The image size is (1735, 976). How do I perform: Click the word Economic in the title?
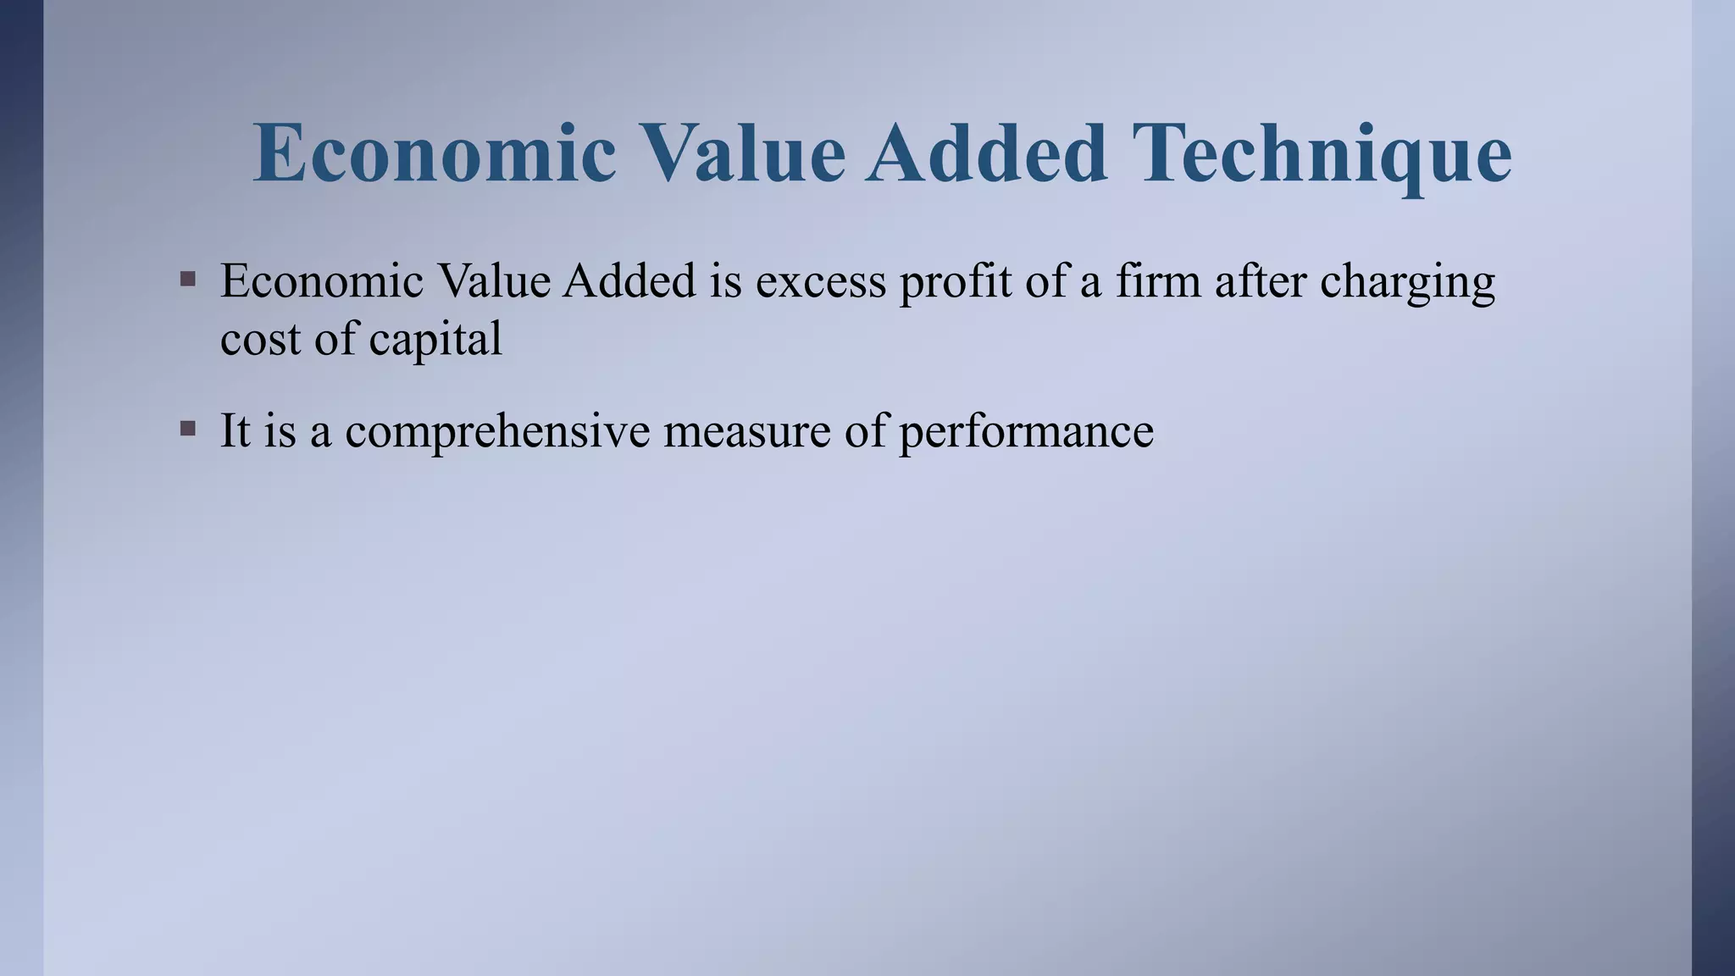click(x=435, y=153)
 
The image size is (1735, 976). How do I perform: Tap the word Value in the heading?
click(x=741, y=153)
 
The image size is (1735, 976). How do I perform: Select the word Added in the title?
click(x=987, y=153)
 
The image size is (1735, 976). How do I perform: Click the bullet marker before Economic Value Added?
click(x=188, y=279)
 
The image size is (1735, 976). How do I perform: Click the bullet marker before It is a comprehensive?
click(x=188, y=429)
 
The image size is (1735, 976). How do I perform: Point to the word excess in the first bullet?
click(x=821, y=281)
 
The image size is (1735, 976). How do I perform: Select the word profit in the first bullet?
click(x=955, y=281)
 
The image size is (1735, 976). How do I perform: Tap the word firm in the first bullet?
click(x=1158, y=281)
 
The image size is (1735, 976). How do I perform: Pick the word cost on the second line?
click(x=259, y=339)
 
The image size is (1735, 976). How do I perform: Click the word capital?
click(x=435, y=339)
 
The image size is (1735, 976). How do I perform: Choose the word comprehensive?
click(x=497, y=430)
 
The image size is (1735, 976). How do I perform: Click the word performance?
click(x=1026, y=430)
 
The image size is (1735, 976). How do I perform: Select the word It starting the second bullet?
click(x=235, y=430)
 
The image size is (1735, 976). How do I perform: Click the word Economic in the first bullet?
click(x=322, y=281)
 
